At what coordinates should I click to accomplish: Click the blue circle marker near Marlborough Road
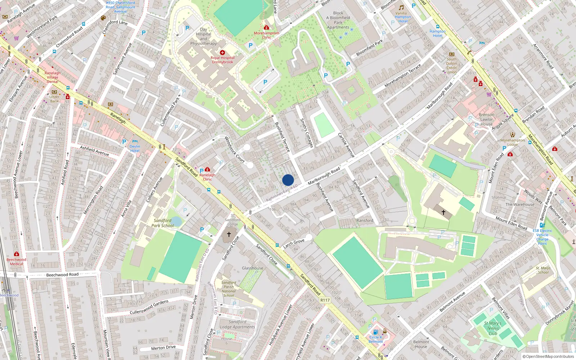pos(288,180)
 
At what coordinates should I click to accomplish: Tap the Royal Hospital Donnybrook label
pos(222,60)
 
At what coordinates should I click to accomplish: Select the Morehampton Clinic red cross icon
pos(266,27)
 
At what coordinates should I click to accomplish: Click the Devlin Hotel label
pos(135,148)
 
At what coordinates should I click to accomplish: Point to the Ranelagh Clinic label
pos(207,177)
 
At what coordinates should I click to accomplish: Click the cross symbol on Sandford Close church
pos(229,234)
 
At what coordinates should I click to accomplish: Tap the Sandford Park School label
pos(162,223)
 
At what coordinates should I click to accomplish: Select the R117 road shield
pos(325,300)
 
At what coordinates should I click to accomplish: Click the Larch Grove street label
pos(293,243)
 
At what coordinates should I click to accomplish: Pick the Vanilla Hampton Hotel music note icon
pos(401,8)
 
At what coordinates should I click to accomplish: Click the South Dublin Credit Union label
pos(451,66)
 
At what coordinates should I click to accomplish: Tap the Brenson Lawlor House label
pos(486,119)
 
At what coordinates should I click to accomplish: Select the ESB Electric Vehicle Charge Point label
pos(542,237)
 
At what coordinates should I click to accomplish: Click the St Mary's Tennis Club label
pos(492,328)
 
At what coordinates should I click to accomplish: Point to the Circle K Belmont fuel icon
pos(375,332)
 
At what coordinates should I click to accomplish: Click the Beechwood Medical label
pos(16,261)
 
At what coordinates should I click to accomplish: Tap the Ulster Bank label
pos(54,99)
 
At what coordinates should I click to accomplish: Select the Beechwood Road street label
pos(62,275)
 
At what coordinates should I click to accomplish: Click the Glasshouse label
pos(252,268)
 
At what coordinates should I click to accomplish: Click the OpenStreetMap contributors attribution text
pos(548,356)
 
